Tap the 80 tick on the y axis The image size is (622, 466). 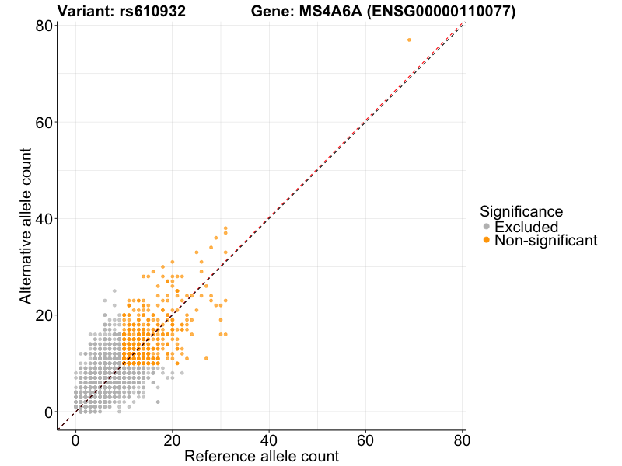44,26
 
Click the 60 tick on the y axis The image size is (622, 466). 44,122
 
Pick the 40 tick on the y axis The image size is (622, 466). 44,218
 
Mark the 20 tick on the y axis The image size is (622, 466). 44,315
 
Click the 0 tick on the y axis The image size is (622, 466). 48,412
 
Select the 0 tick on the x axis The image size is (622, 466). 75,440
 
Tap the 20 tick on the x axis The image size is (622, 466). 172,440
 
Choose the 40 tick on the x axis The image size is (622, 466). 269,440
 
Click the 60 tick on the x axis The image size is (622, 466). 365,440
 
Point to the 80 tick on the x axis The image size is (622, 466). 462,440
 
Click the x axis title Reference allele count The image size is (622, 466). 261,456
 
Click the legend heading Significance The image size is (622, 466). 521,211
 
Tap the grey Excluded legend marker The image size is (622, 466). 487,227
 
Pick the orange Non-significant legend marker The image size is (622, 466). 487,241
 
